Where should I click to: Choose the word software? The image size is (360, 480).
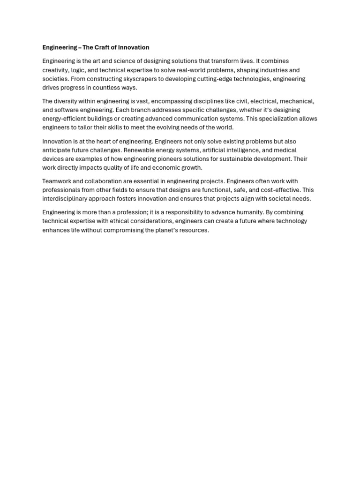point(67,110)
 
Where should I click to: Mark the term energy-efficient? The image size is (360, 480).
point(65,119)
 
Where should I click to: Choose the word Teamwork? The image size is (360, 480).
point(57,181)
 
